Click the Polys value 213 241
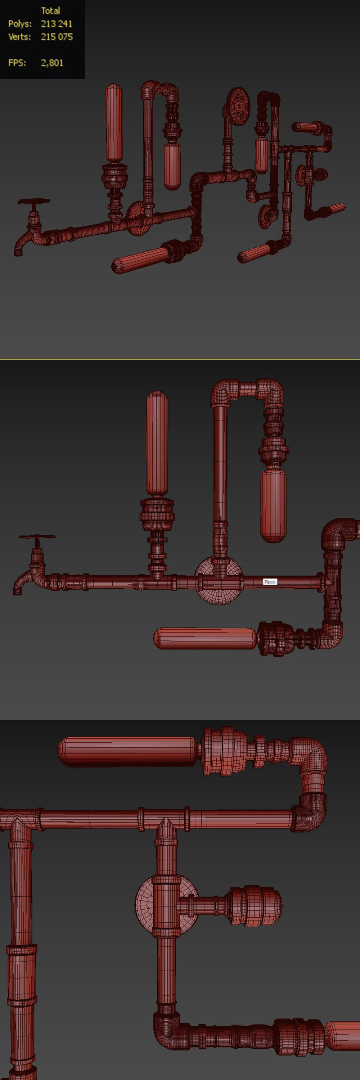click(56, 24)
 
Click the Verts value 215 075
click(57, 37)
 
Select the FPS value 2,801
click(52, 63)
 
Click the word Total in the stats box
click(50, 11)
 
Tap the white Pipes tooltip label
click(270, 581)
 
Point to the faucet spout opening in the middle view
click(17, 591)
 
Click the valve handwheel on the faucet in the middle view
click(36, 537)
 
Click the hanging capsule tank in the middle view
click(273, 505)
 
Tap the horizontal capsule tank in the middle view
click(205, 638)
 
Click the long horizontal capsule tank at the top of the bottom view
click(126, 752)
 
